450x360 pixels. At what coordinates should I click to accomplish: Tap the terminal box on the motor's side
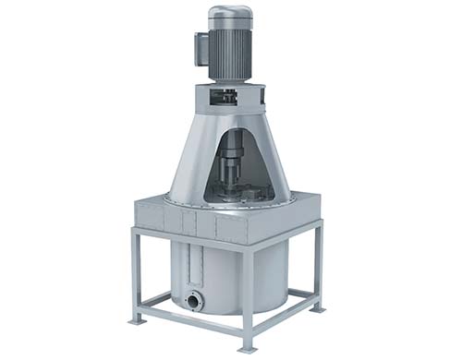tap(200, 47)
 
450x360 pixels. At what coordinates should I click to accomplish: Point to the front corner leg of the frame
tap(247, 295)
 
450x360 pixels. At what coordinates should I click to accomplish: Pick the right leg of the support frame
tap(318, 268)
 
